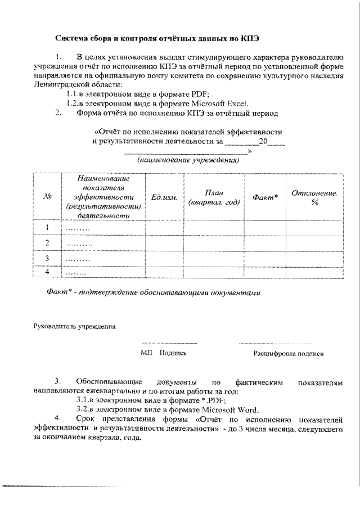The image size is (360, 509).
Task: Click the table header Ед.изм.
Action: (x=165, y=197)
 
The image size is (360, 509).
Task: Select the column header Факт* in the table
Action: (x=265, y=197)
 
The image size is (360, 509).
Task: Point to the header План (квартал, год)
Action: (x=214, y=197)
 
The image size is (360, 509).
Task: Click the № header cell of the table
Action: (x=48, y=197)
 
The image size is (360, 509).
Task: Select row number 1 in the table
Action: (x=48, y=228)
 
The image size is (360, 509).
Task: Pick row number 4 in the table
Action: (x=48, y=272)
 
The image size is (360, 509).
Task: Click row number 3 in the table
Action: (x=48, y=258)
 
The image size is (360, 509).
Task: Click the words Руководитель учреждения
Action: (x=75, y=326)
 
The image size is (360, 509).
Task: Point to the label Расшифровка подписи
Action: (x=287, y=354)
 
